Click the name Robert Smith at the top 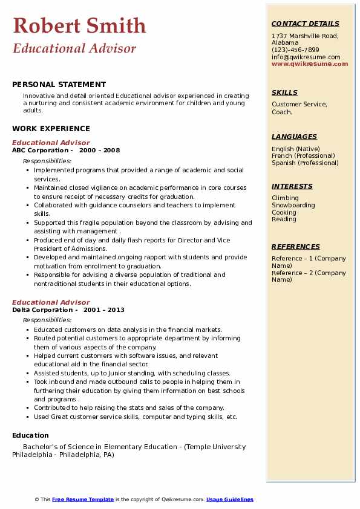point(79,25)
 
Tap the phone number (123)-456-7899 point(295,50)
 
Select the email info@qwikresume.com point(306,57)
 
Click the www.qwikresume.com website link point(310,63)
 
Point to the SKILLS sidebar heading point(284,92)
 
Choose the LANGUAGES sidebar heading point(294,137)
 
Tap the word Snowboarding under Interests point(293,206)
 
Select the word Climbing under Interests point(285,198)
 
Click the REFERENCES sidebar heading point(296,247)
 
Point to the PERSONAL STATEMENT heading point(59,85)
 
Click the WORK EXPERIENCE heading point(51,128)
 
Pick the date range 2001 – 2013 point(104,310)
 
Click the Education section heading point(30,435)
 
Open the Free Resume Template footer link point(83,499)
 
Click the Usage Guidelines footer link point(230,499)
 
